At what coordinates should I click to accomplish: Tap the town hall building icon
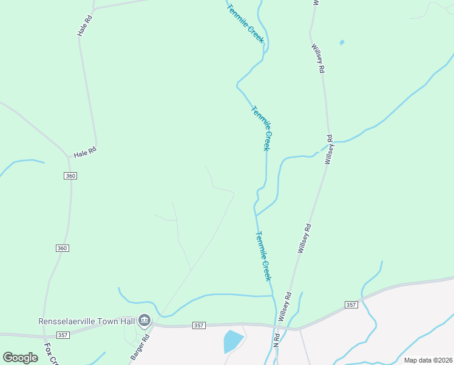point(144,320)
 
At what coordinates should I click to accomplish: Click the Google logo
point(20,358)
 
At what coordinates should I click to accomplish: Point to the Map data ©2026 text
point(429,360)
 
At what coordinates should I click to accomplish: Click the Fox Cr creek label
point(50,353)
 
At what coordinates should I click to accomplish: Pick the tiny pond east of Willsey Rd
point(342,43)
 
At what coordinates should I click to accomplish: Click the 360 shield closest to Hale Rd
point(70,175)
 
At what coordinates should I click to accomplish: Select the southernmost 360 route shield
point(63,248)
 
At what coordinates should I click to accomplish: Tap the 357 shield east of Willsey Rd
point(351,304)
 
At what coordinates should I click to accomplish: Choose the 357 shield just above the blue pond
point(198,326)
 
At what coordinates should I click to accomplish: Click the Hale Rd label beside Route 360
point(85,152)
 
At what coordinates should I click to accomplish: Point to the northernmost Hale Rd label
point(84,25)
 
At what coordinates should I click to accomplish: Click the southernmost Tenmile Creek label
point(263,255)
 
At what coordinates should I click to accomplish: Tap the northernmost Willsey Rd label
point(318,58)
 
